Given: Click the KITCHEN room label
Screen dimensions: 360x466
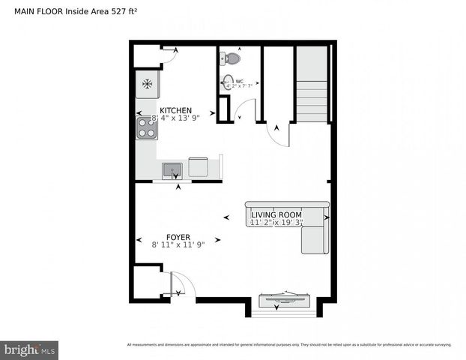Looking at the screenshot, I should pyautogui.click(x=175, y=109).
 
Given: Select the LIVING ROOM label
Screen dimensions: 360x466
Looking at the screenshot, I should pyautogui.click(x=276, y=214).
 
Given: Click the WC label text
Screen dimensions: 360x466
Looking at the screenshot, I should pyautogui.click(x=240, y=81).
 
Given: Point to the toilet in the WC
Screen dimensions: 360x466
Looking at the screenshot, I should pyautogui.click(x=232, y=58).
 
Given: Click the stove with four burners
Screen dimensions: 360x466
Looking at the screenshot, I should pyautogui.click(x=146, y=128).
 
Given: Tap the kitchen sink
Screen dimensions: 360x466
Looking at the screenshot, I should pyautogui.click(x=172, y=169).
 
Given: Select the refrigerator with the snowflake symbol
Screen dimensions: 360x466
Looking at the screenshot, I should pyautogui.click(x=147, y=84).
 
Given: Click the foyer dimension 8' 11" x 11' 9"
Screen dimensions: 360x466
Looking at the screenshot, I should pyautogui.click(x=178, y=244).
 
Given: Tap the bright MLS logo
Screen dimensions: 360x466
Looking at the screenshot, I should pyautogui.click(x=30, y=349).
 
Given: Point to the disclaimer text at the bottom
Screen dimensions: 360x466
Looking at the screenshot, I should pyautogui.click(x=289, y=345).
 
